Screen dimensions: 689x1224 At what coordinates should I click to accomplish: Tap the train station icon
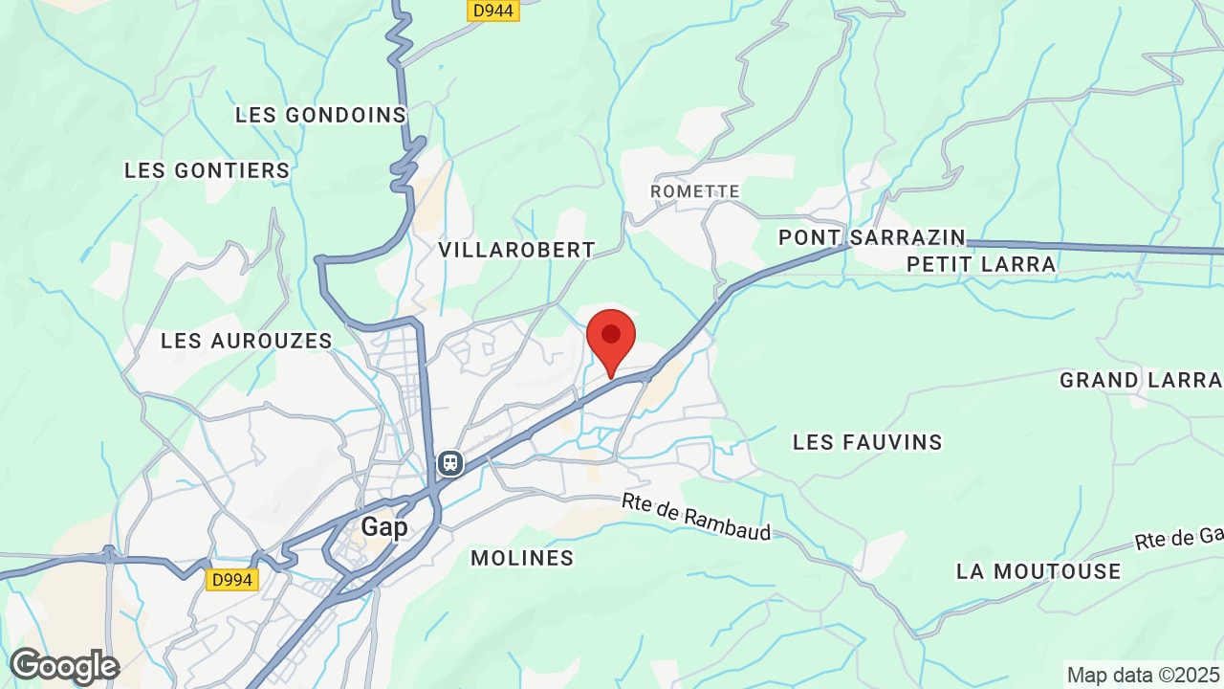pyautogui.click(x=450, y=463)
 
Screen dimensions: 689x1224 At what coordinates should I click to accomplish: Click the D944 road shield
pyautogui.click(x=493, y=11)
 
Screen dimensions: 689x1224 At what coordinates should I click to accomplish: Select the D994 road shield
pyautogui.click(x=231, y=579)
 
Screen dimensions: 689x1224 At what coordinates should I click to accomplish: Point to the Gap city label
pyautogui.click(x=384, y=527)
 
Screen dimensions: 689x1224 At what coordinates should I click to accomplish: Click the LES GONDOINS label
pyautogui.click(x=321, y=115)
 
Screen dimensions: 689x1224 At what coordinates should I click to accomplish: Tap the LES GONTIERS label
pyautogui.click(x=207, y=170)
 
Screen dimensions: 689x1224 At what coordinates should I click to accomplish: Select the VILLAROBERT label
pyautogui.click(x=516, y=250)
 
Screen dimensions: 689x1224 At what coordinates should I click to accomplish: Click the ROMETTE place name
pyautogui.click(x=695, y=191)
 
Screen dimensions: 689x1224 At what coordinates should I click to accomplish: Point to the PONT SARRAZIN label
pyautogui.click(x=872, y=237)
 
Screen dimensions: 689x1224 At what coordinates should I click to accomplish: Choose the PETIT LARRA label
pyautogui.click(x=981, y=264)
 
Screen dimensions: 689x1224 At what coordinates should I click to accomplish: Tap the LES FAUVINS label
pyautogui.click(x=867, y=442)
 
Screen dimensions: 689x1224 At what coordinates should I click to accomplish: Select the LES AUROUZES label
pyautogui.click(x=247, y=341)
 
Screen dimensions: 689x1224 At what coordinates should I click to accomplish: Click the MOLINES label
pyautogui.click(x=522, y=558)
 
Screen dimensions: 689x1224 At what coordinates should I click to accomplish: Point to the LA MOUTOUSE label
pyautogui.click(x=1038, y=571)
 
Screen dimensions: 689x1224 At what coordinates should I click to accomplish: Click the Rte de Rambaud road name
pyautogui.click(x=696, y=517)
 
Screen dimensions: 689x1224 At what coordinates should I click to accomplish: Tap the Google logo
pyautogui.click(x=64, y=666)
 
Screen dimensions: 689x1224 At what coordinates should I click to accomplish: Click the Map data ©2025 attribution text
pyautogui.click(x=1143, y=675)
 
